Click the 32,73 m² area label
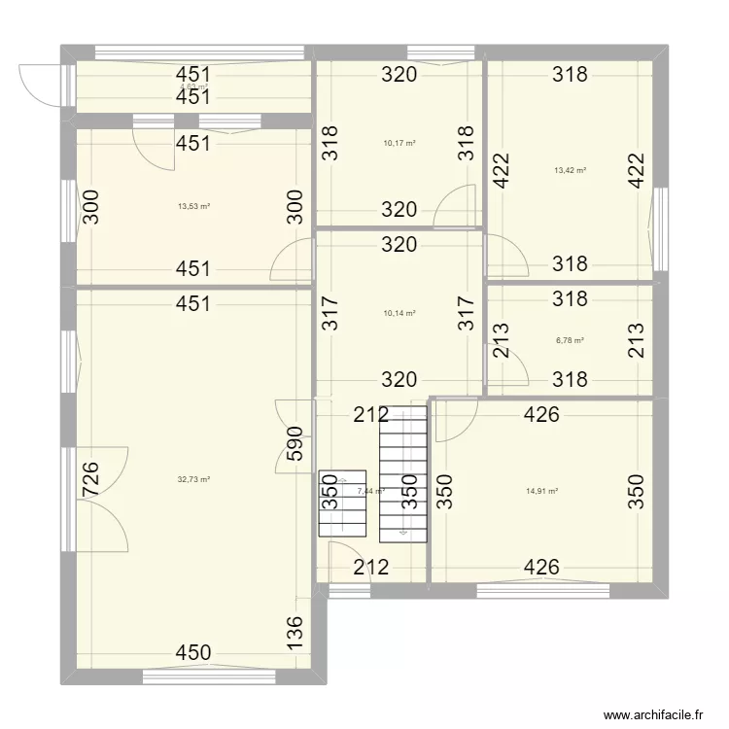click(x=194, y=479)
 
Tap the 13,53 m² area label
click(x=194, y=206)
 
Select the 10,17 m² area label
click(x=399, y=143)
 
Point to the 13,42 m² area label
click(x=570, y=170)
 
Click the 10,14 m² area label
click(x=399, y=313)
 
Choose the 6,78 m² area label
click(x=570, y=340)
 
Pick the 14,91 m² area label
click(x=541, y=491)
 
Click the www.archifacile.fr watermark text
click(x=652, y=713)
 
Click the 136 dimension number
click(x=295, y=635)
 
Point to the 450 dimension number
click(x=193, y=653)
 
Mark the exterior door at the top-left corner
click(x=39, y=83)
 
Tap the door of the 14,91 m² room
click(x=453, y=419)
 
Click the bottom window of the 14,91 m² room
click(x=542, y=589)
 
